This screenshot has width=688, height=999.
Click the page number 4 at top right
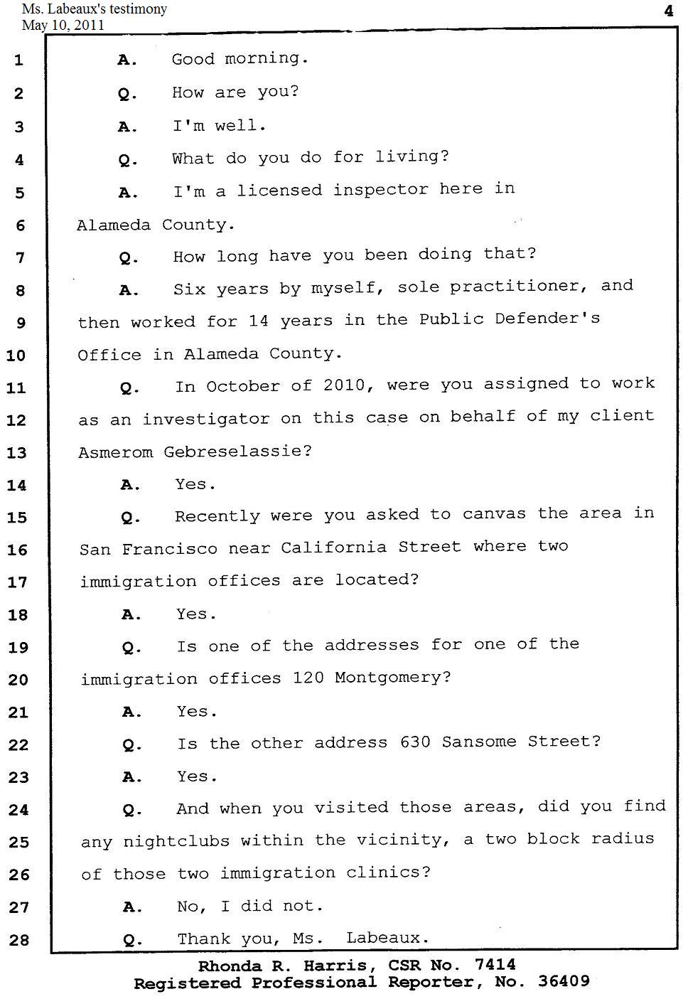[x=668, y=11]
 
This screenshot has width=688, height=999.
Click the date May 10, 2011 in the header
[x=63, y=26]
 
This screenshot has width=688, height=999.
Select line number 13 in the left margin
[x=16, y=453]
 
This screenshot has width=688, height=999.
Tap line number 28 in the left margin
[x=18, y=940]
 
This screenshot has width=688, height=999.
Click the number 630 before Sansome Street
[x=415, y=742]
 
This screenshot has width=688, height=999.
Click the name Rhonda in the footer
[x=228, y=966]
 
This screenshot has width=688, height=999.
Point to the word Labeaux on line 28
[x=387, y=939]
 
